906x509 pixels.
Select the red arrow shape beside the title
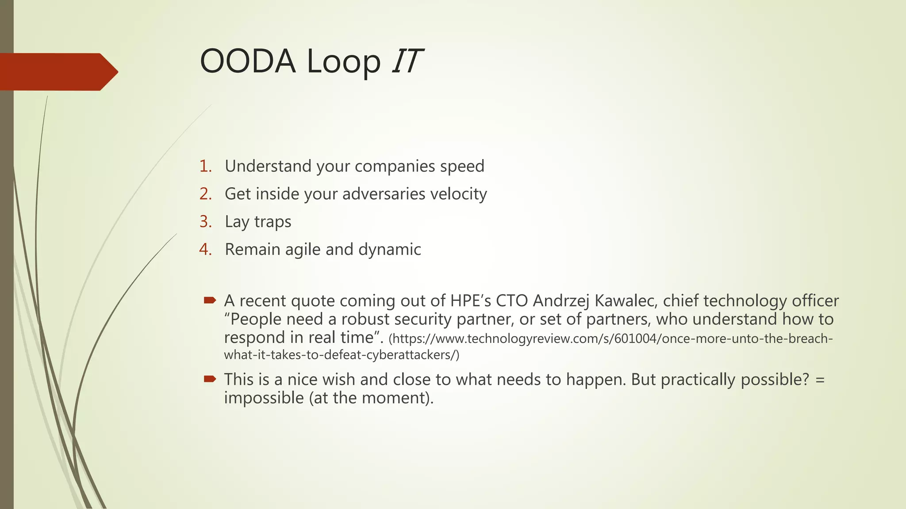coord(58,72)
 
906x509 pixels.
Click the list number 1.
coord(205,166)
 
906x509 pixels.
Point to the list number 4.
coord(205,249)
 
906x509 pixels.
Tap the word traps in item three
coord(273,222)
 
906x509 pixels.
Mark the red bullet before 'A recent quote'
coord(210,300)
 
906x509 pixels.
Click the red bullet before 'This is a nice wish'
coord(210,379)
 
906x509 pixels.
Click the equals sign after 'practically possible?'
coord(820,380)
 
